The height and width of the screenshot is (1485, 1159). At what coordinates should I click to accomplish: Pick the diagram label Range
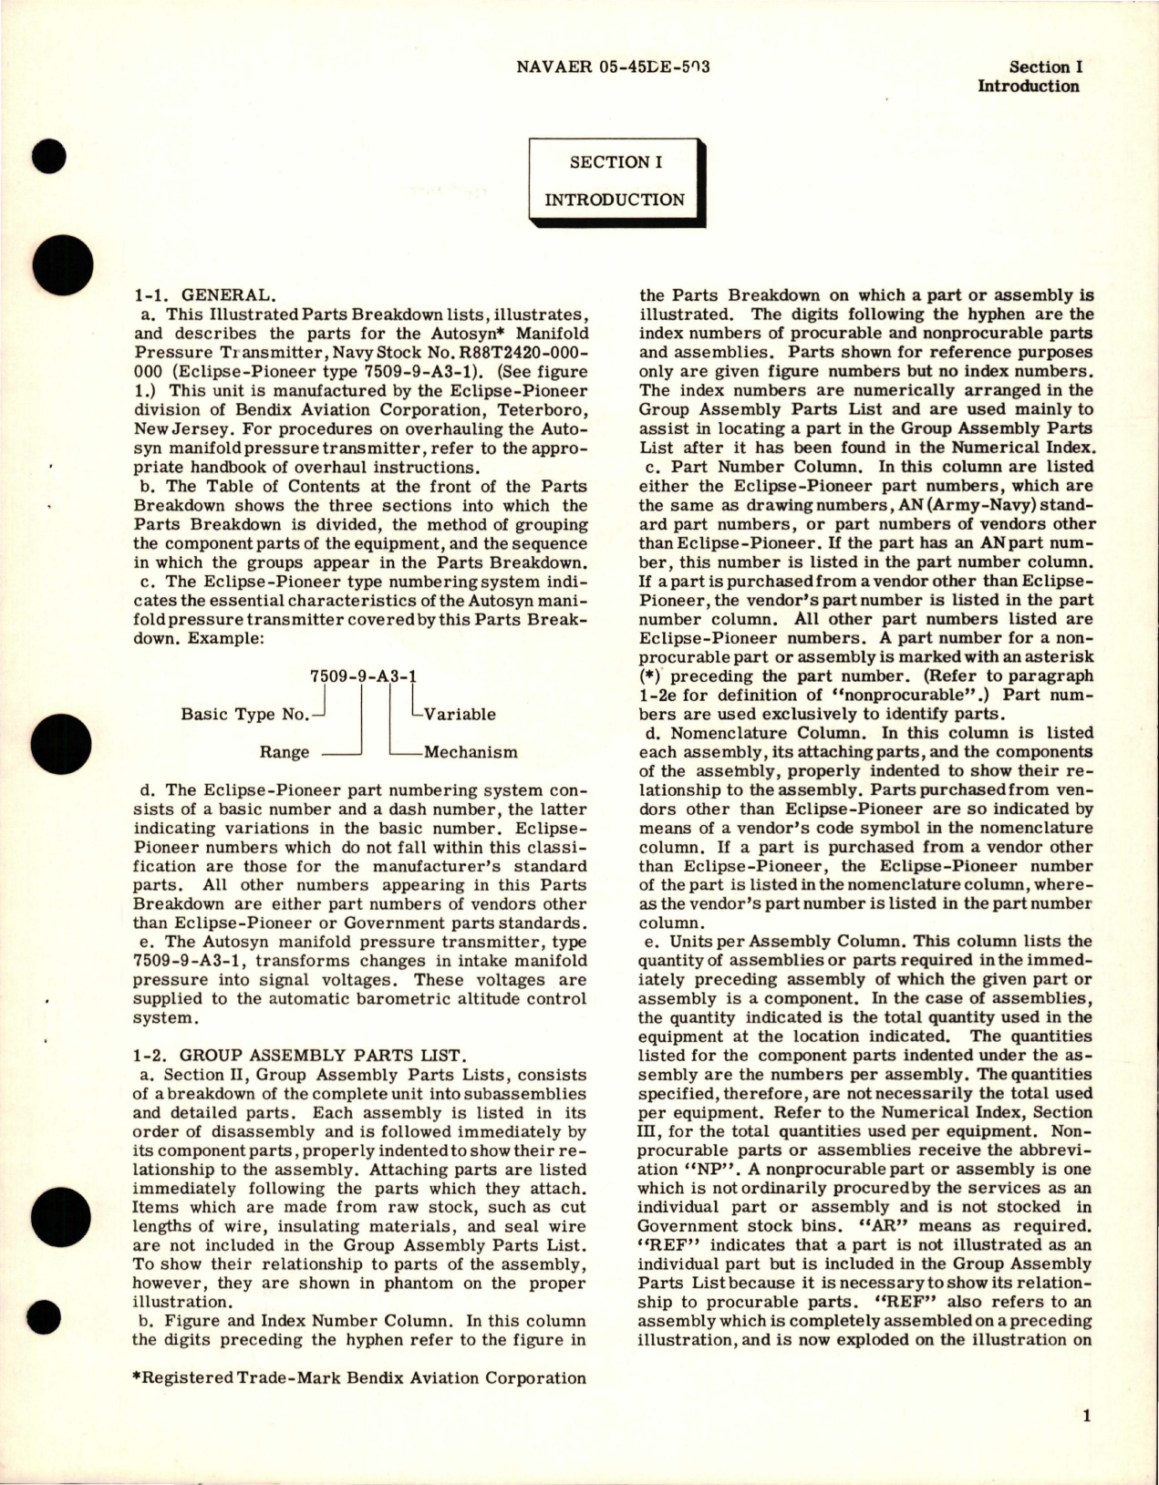coord(284,752)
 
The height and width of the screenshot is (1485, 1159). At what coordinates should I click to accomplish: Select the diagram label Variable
coord(460,714)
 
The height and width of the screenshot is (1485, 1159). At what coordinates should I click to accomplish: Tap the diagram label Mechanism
coord(471,752)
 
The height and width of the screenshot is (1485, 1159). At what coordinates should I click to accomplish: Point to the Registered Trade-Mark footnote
coord(359,1377)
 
